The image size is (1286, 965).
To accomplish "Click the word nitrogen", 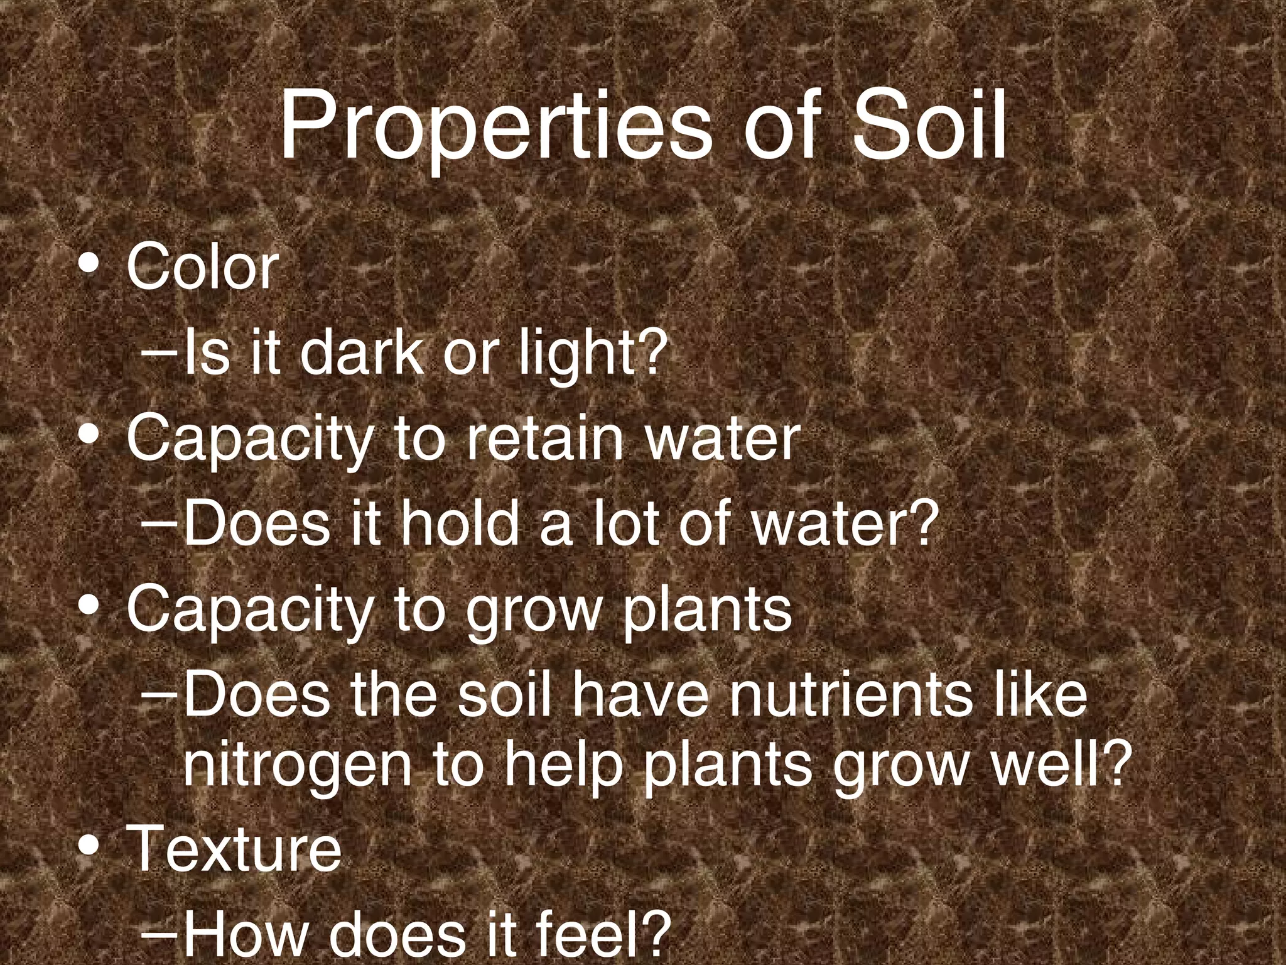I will tap(296, 768).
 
